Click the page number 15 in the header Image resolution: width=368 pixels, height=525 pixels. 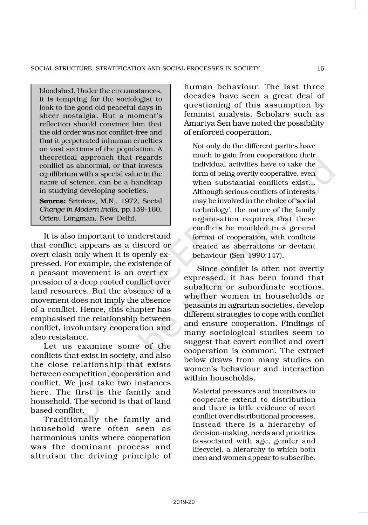pyautogui.click(x=321, y=69)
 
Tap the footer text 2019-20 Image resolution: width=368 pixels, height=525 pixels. pyautogui.click(x=184, y=502)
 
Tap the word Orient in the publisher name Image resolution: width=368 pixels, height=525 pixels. pyautogui.click(x=50, y=218)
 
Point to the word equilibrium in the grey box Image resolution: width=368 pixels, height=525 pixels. pyautogui.click(x=57, y=174)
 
